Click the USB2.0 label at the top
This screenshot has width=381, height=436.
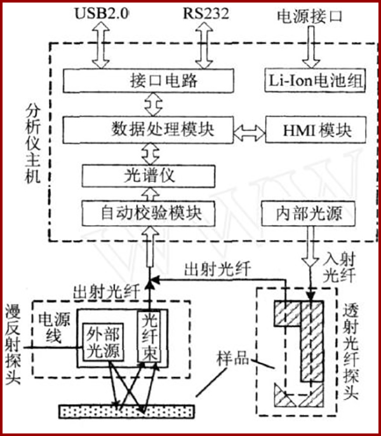102,13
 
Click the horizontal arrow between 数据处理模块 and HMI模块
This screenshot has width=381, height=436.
248,132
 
